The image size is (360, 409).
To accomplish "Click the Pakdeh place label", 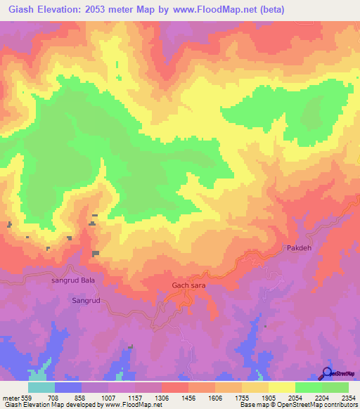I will [x=298, y=248].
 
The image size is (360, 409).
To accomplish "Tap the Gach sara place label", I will [x=188, y=285].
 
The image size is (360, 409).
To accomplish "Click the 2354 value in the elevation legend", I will [x=348, y=396].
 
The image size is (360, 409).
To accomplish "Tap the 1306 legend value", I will [x=162, y=396].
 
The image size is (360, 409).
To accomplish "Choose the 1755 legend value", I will [x=241, y=396].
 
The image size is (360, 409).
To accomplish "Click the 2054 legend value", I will [x=295, y=396].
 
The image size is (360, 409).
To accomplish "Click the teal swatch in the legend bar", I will [x=41, y=387].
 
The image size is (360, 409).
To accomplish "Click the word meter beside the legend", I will [x=11, y=396].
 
